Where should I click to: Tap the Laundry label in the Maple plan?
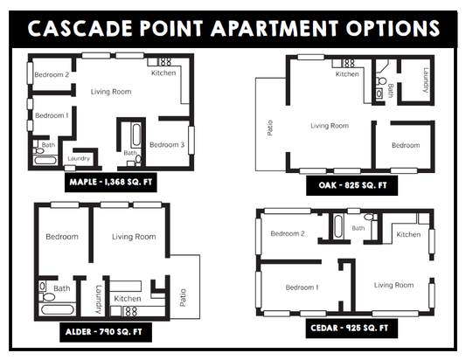79,158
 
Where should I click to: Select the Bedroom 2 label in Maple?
52,75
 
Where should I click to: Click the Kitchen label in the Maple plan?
164,73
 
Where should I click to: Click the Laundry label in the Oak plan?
425,81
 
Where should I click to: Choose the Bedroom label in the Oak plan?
405,145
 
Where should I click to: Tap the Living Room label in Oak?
329,126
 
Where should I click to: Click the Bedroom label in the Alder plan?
62,237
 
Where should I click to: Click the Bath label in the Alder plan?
62,288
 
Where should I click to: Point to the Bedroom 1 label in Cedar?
303,287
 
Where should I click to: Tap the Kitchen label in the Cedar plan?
408,234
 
